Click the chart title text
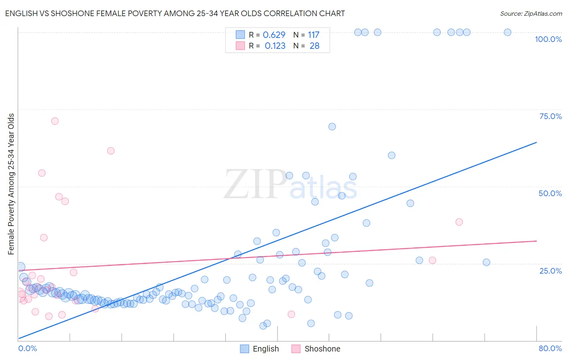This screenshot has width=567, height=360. tap(175, 13)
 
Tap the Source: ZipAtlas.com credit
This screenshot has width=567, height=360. tap(531, 13)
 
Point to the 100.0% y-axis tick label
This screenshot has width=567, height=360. tap(548, 39)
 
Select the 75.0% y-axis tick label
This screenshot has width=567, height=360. tap(550, 116)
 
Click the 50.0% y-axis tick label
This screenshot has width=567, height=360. tap(550, 193)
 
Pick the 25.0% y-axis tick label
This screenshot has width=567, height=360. tap(550, 270)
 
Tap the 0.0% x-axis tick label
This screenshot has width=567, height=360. tap(27, 348)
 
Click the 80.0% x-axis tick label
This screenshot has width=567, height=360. tap(550, 348)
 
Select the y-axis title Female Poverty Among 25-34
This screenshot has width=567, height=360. tap(11, 184)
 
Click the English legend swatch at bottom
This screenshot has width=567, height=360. tap(244, 349)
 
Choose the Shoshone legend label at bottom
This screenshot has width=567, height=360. tap(322, 349)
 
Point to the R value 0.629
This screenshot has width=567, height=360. tap(274, 35)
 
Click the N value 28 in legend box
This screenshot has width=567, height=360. tap(314, 46)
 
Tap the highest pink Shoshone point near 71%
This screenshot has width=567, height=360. tap(55, 121)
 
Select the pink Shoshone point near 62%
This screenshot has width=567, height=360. tap(111, 151)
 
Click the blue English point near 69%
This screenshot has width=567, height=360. tap(332, 127)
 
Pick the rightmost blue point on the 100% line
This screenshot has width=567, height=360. tap(507, 32)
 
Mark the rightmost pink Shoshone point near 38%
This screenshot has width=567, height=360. tap(459, 222)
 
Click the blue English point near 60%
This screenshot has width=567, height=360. tap(391, 155)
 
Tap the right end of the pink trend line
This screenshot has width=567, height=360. tap(536, 241)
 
